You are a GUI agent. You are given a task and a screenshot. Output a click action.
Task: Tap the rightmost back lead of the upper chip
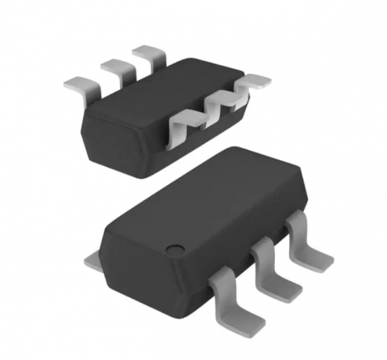(148, 56)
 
